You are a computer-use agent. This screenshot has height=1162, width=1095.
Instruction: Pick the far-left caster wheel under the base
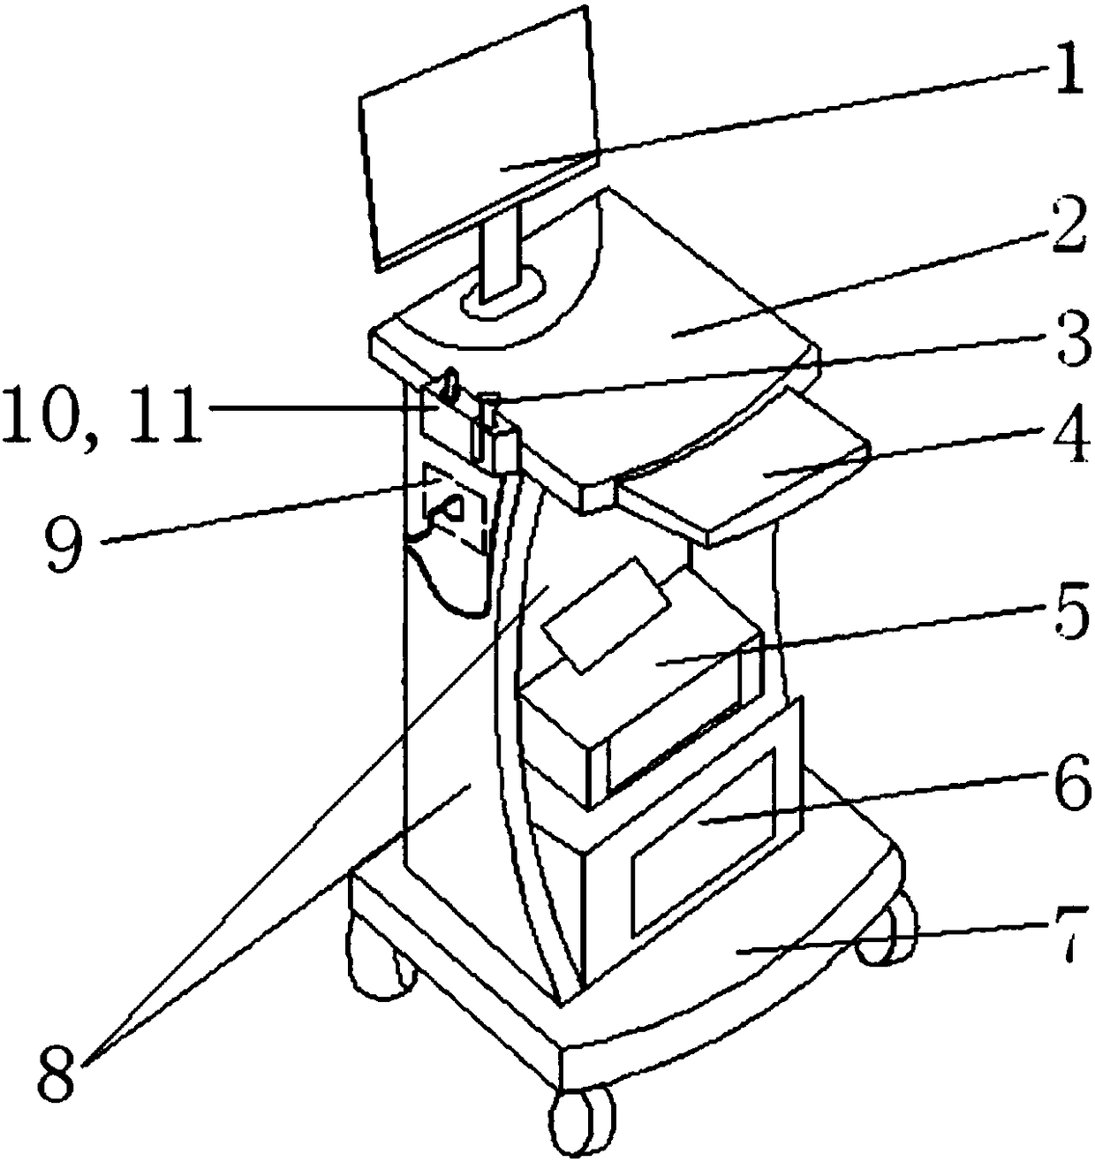tap(375, 959)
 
